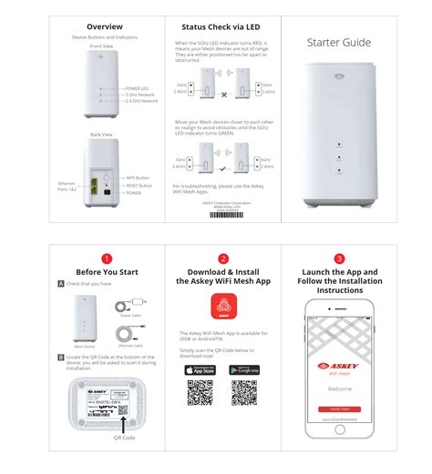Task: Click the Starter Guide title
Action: coord(338,42)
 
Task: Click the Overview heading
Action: coord(105,26)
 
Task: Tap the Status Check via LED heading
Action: coord(221,27)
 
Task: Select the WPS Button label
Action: coord(138,177)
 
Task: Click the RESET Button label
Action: coord(139,186)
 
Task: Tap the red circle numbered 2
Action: coord(222,258)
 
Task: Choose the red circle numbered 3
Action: coord(339,258)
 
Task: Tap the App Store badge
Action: coord(201,368)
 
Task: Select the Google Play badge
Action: coord(243,368)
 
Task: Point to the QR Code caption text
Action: coord(124,437)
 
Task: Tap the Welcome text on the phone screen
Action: coord(339,388)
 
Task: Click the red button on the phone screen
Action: coord(339,409)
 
